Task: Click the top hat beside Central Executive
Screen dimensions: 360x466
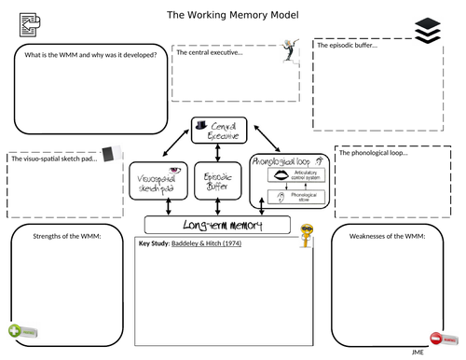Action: (201, 123)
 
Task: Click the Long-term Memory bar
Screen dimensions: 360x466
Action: (218, 226)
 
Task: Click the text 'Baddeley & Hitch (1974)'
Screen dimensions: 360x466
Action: (202, 243)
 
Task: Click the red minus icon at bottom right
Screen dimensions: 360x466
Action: (437, 337)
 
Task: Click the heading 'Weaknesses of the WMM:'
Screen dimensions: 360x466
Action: (387, 237)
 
